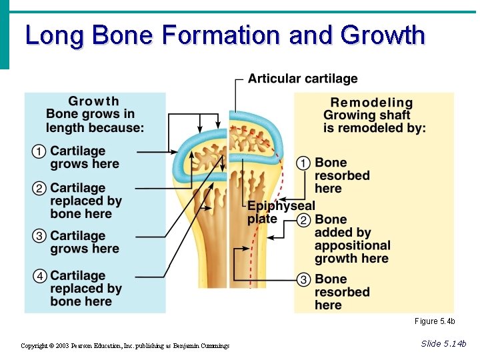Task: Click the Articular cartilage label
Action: [303, 79]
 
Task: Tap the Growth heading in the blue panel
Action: [93, 101]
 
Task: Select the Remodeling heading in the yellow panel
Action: [371, 103]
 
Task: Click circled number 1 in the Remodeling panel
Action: [303, 163]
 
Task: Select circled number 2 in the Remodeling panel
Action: [303, 220]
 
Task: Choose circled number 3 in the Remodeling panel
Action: [303, 279]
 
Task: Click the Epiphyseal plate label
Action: [281, 213]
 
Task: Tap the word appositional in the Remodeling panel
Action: [352, 245]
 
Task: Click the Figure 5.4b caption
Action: [434, 321]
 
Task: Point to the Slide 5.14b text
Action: [443, 343]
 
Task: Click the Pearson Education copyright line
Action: [125, 345]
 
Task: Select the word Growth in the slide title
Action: [382, 35]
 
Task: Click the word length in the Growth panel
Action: [64, 127]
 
